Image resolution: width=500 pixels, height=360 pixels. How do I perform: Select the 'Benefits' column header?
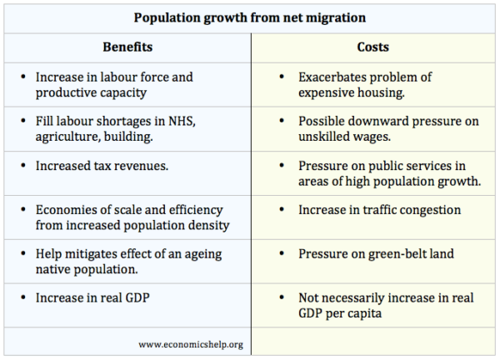tap(127, 48)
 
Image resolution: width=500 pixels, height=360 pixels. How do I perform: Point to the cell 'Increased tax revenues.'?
tap(102, 166)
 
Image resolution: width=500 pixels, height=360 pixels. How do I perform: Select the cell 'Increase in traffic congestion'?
tap(379, 210)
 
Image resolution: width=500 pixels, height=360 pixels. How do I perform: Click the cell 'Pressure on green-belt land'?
tap(376, 253)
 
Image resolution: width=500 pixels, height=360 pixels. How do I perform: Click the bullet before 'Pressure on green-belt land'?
tap(284, 253)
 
